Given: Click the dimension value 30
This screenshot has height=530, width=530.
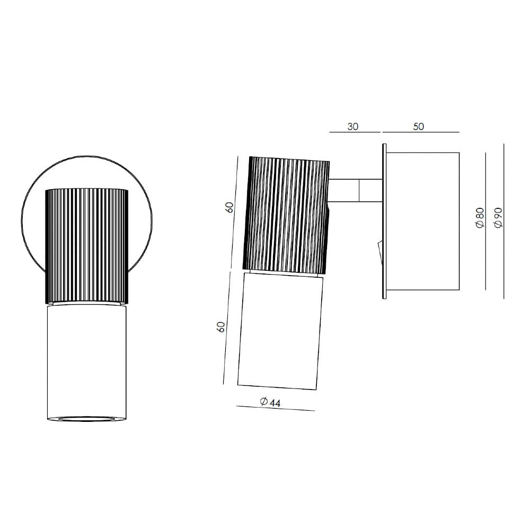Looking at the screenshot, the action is [x=352, y=127].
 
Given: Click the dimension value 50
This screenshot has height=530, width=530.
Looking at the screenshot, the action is [x=419, y=127].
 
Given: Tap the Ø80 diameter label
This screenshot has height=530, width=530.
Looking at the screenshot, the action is [x=480, y=218].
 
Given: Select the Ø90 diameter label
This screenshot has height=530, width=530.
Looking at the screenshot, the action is [x=498, y=218].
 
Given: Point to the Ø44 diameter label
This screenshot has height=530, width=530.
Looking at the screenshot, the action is [x=270, y=402].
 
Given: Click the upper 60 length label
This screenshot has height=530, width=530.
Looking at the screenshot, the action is [x=230, y=207].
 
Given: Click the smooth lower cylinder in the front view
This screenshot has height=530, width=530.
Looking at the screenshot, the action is [x=87, y=361].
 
